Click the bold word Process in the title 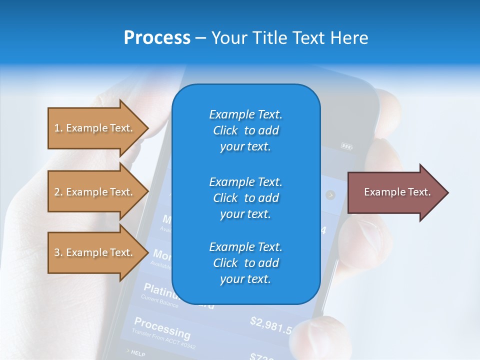[x=157, y=38]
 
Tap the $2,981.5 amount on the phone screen [x=270, y=325]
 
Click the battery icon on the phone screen [x=346, y=146]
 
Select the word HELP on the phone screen [x=138, y=353]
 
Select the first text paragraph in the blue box [x=245, y=130]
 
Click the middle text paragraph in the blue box [x=245, y=197]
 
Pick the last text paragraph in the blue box [x=245, y=263]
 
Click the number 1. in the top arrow [x=58, y=128]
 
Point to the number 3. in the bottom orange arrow [x=58, y=252]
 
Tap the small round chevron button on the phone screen [x=330, y=195]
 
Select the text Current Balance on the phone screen [x=159, y=301]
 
